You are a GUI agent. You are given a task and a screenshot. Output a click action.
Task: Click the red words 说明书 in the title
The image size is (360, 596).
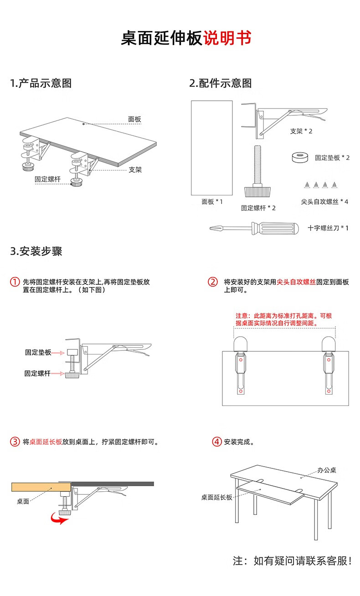tap(226, 38)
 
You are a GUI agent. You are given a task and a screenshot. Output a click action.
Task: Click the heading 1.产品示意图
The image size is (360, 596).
tap(41, 83)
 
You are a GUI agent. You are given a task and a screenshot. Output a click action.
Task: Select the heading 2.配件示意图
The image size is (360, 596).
tap(221, 83)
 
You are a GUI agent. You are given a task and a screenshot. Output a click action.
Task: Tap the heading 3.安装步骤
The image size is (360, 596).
tap(36, 251)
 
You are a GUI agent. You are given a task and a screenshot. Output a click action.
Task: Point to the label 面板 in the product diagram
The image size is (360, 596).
tap(134, 119)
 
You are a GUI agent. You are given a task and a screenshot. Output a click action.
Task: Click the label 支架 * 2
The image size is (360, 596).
tap(301, 131)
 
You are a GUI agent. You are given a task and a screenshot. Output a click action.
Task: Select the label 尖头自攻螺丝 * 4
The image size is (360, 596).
tap(324, 201)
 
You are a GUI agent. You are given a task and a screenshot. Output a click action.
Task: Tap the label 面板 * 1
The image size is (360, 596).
tap(212, 201)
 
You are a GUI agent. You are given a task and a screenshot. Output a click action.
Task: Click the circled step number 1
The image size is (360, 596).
tap(15, 282)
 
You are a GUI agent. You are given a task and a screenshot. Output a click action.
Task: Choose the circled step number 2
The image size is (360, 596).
tap(213, 282)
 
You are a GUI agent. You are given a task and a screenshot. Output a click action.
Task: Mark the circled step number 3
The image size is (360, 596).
tap(15, 442)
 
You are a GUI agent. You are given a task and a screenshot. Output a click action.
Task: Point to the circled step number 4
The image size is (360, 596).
tap(217, 442)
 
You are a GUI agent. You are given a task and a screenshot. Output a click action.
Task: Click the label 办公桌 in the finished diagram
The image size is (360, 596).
tap(327, 470)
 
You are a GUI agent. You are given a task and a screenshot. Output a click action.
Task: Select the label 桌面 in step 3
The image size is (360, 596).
tap(23, 501)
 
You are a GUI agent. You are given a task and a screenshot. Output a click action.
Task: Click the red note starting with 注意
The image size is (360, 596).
tap(283, 319)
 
